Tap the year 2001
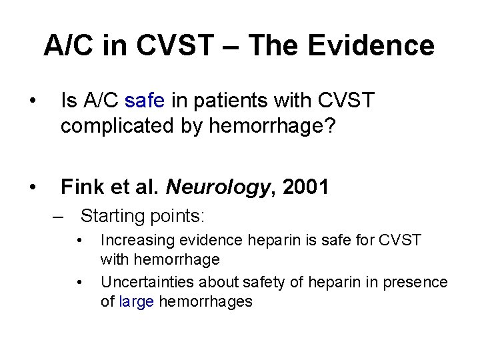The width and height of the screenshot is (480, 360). tap(305, 187)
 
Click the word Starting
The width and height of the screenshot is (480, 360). tap(112, 216)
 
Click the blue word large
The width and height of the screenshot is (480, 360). tap(136, 301)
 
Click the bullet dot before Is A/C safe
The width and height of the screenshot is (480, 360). tap(32, 102)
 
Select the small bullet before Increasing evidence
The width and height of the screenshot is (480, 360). tap(79, 240)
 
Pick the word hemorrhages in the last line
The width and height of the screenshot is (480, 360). tap(205, 301)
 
